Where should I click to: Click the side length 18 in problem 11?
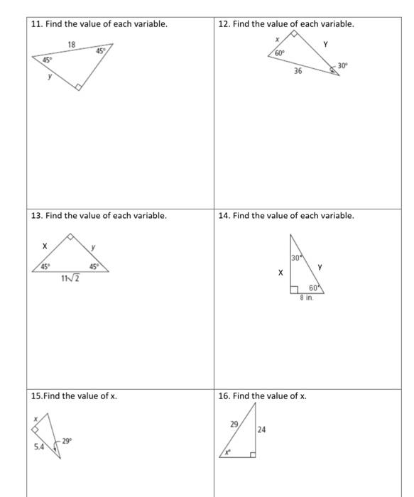pyautogui.click(x=71, y=44)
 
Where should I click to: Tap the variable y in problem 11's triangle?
pyautogui.click(x=49, y=77)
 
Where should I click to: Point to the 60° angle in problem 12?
pyautogui.click(x=280, y=53)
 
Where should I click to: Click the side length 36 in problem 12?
pyautogui.click(x=298, y=70)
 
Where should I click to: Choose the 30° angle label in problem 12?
pyautogui.click(x=342, y=65)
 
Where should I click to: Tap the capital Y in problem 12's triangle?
pyautogui.click(x=325, y=44)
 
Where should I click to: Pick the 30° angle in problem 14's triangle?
pyautogui.click(x=295, y=256)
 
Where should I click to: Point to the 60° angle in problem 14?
pyautogui.click(x=313, y=288)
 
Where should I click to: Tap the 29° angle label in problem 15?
pyautogui.click(x=67, y=441)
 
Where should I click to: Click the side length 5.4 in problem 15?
pyautogui.click(x=40, y=447)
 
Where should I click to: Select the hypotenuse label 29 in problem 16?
pyautogui.click(x=234, y=423)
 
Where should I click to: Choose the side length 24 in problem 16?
pyautogui.click(x=262, y=429)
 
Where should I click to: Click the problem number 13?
pyautogui.click(x=37, y=215)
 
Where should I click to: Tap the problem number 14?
pyautogui.click(x=224, y=215)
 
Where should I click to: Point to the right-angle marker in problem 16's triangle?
pyautogui.click(x=252, y=454)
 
